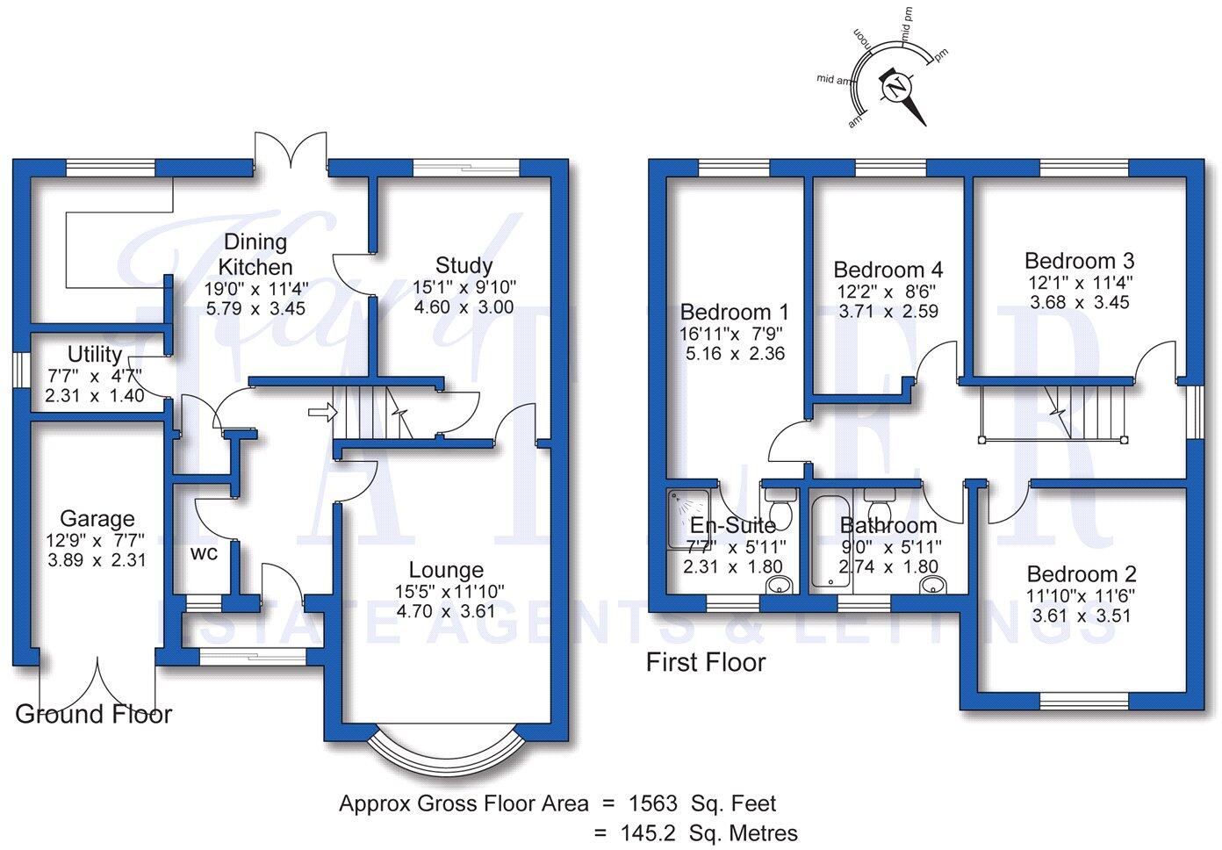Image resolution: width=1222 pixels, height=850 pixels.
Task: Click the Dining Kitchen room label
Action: pyautogui.click(x=255, y=254)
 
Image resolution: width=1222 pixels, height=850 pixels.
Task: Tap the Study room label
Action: pyautogui.click(x=464, y=265)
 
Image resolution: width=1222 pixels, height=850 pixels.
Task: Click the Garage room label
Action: pyautogui.click(x=97, y=519)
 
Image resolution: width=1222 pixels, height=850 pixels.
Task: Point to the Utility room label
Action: pyautogui.click(x=95, y=355)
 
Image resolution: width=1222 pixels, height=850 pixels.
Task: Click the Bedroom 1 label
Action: pyautogui.click(x=734, y=312)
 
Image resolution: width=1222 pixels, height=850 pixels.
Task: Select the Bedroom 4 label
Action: pyautogui.click(x=888, y=270)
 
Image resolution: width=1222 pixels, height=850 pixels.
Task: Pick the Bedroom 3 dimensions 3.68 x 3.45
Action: pyautogui.click(x=1079, y=302)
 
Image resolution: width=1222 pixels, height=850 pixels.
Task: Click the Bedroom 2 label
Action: pyautogui.click(x=1081, y=574)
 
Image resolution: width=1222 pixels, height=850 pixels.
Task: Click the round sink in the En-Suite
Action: pyautogui.click(x=777, y=586)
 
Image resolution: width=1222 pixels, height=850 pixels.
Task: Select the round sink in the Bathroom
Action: pyautogui.click(x=931, y=586)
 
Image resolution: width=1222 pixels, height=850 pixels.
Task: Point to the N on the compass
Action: pyautogui.click(x=896, y=89)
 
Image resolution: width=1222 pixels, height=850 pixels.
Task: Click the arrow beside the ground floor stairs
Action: pyautogui.click(x=321, y=410)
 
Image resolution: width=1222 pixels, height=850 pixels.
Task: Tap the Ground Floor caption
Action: pyautogui.click(x=94, y=714)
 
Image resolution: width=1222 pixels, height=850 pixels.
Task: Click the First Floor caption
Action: pyautogui.click(x=706, y=662)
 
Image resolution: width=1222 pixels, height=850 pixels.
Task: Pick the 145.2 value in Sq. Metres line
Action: pyautogui.click(x=651, y=832)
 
